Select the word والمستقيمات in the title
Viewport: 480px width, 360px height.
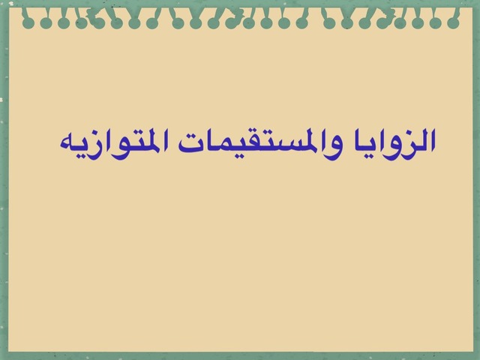pos(259,143)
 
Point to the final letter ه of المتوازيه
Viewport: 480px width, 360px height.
pos(67,145)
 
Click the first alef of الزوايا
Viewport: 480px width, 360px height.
pos(432,140)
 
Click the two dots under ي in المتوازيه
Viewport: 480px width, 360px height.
pos(82,157)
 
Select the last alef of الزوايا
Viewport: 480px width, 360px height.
pos(358,140)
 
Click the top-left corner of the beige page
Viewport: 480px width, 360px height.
pos(9,8)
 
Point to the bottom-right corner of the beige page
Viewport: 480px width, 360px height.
pos(473,352)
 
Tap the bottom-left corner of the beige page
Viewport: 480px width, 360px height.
pos(8,352)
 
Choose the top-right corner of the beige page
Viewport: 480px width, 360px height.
pos(473,8)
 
